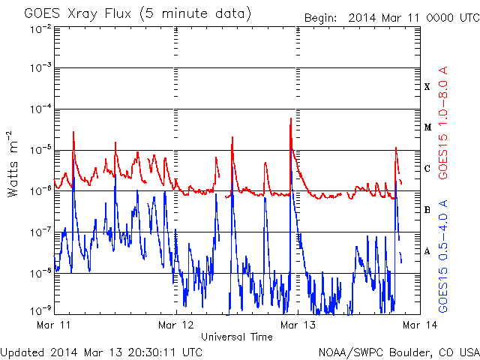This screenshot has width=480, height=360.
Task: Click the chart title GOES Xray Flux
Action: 77,13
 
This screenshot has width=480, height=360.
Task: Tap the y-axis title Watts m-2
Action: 13,163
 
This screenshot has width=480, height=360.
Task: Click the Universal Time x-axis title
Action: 237,337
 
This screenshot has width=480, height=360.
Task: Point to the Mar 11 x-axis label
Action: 53,325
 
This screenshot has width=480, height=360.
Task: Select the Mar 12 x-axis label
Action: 176,325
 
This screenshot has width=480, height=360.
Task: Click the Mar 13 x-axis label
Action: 298,325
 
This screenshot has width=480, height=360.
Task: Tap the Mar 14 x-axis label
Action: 420,325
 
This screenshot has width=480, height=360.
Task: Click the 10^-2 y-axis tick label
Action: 40,30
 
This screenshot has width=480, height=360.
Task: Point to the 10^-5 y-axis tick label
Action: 40,150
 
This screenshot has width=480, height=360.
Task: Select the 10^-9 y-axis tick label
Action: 40,310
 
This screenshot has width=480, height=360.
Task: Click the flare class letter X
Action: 427,87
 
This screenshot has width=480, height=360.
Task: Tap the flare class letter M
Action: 427,127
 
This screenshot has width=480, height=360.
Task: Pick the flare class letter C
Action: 427,168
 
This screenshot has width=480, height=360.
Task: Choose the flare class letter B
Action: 427,210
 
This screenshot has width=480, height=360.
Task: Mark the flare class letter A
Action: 427,251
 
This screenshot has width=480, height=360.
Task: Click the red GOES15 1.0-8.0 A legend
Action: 443,122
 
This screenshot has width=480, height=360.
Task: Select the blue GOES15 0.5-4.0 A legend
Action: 443,256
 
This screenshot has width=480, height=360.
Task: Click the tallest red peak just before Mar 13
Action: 291,118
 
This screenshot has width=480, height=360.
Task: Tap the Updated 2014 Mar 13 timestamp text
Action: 101,352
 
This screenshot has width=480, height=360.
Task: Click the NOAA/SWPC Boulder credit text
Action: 399,352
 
